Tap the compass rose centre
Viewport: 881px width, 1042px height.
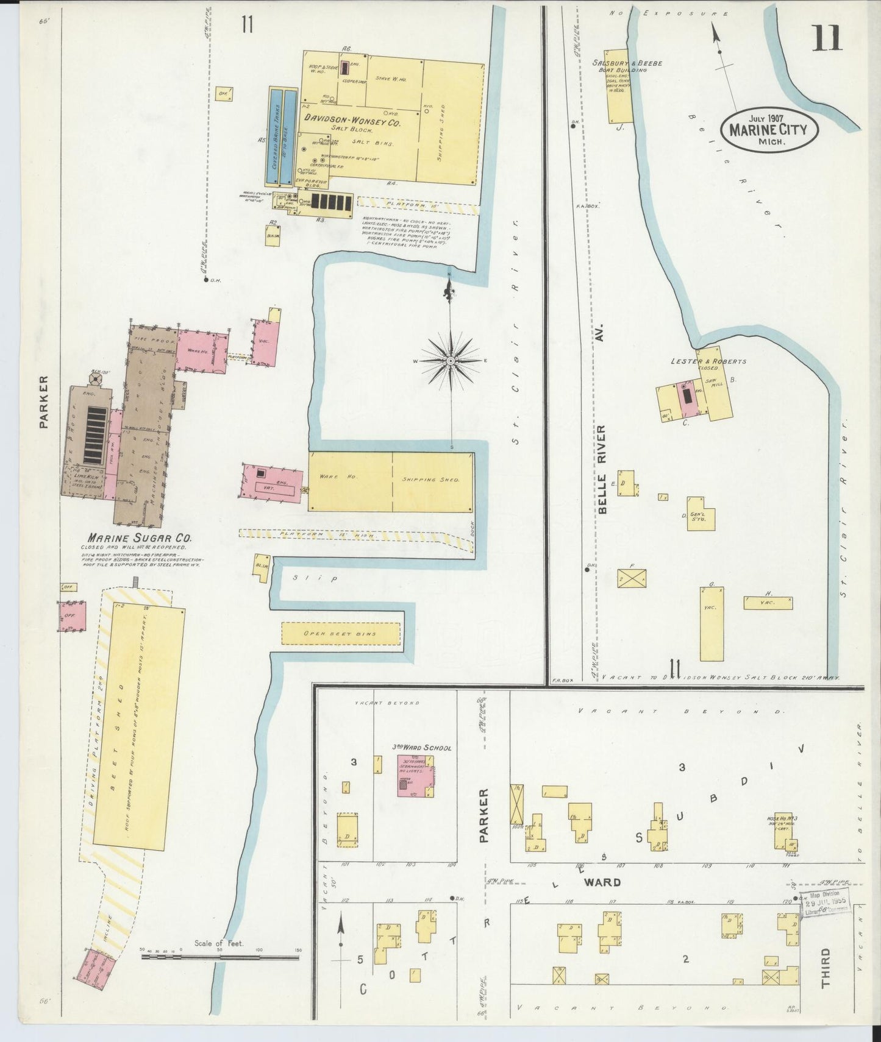point(451,361)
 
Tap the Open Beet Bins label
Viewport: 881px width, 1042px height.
point(340,634)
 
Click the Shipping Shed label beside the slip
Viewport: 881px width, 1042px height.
point(430,480)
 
